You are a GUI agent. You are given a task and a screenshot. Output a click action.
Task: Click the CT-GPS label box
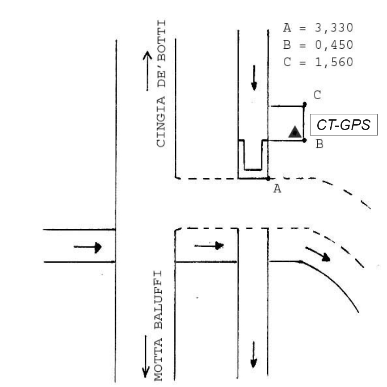tap(344, 125)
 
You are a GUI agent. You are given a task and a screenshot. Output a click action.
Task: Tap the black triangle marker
tap(294, 132)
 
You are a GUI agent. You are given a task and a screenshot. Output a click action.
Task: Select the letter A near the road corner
tap(278, 189)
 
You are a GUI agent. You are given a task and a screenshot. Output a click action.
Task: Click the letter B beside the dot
tap(319, 144)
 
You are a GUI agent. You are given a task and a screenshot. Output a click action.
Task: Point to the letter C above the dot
tap(317, 95)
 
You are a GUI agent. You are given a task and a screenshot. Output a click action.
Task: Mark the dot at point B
tap(305, 140)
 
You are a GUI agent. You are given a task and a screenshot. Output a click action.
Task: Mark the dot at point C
tap(305, 104)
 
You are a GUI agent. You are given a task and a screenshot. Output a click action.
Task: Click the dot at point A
tap(268, 178)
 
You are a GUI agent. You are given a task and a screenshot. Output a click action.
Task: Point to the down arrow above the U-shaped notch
tap(254, 77)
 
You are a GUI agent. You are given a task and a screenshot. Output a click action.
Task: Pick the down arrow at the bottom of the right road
tap(253, 354)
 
